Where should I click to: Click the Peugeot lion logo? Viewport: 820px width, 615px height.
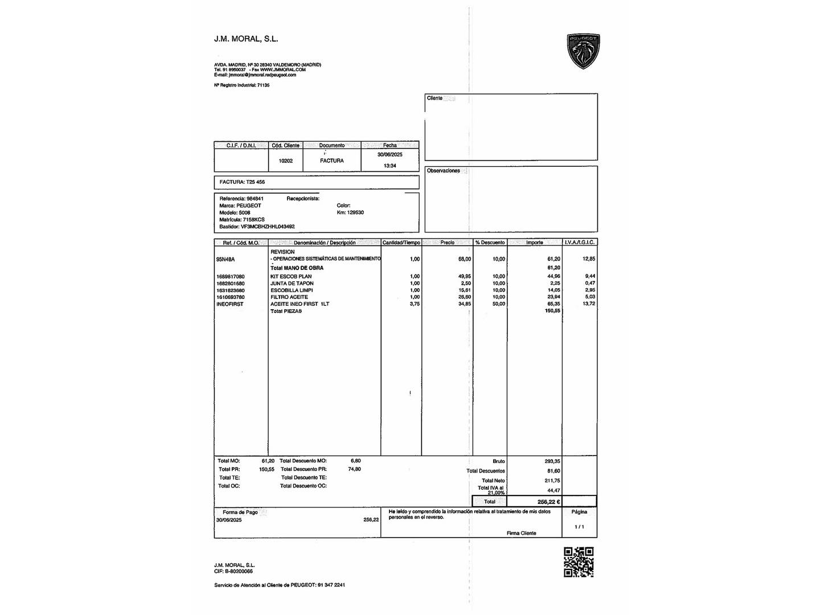tap(583, 51)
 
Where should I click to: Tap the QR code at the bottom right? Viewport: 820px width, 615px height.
tap(579, 562)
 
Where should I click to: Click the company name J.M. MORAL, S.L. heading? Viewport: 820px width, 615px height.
tap(246, 39)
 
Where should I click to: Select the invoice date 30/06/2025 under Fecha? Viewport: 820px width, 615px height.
tap(390, 155)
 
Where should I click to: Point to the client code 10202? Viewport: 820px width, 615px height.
tap(286, 161)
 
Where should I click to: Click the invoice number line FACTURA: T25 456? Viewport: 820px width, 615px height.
tap(243, 182)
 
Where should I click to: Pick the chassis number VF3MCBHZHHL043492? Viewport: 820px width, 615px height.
tap(268, 227)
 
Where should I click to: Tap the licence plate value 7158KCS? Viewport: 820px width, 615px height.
tap(253, 219)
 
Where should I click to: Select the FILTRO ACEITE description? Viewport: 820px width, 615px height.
tap(289, 297)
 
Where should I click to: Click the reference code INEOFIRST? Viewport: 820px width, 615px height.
tap(229, 304)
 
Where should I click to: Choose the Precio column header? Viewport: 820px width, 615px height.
tap(448, 243)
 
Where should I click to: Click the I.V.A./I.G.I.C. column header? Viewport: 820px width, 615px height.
tap(580, 243)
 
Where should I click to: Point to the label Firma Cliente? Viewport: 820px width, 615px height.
tap(521, 533)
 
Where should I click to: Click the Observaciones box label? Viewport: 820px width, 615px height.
tap(443, 171)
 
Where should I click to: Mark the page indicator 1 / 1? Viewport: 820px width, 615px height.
tap(579, 527)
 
